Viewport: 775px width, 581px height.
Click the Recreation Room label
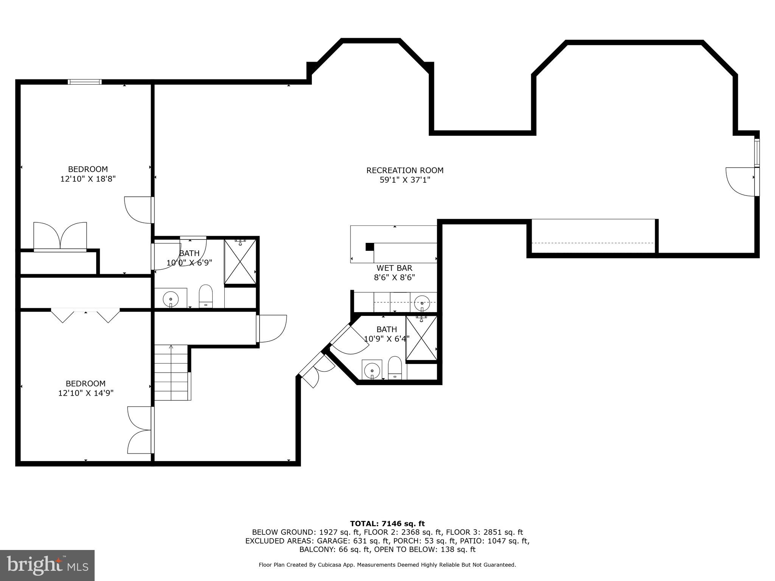click(x=405, y=171)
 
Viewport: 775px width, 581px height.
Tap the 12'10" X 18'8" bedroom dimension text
click(x=88, y=179)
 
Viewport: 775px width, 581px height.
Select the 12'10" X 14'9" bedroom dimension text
click(x=86, y=393)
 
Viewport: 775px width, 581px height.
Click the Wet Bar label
click(x=394, y=268)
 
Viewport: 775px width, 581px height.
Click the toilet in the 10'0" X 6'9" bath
click(x=206, y=295)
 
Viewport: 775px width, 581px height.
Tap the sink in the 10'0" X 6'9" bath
click(x=171, y=299)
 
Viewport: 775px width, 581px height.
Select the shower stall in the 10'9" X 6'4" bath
click(x=421, y=337)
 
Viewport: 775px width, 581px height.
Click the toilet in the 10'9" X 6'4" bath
click(x=395, y=367)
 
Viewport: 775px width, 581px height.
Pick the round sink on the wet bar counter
click(x=422, y=302)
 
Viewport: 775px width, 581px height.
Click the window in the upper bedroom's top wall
click(x=85, y=81)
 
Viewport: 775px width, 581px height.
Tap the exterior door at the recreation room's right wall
click(x=742, y=182)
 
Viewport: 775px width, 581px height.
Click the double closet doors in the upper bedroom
click(x=61, y=236)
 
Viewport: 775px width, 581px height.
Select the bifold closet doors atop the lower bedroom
click(x=86, y=315)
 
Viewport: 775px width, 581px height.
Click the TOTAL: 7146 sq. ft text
click(x=387, y=524)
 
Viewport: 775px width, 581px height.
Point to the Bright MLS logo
click(x=47, y=565)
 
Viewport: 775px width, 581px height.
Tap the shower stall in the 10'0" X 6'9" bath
click(x=240, y=261)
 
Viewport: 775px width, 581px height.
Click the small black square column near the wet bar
click(x=370, y=247)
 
